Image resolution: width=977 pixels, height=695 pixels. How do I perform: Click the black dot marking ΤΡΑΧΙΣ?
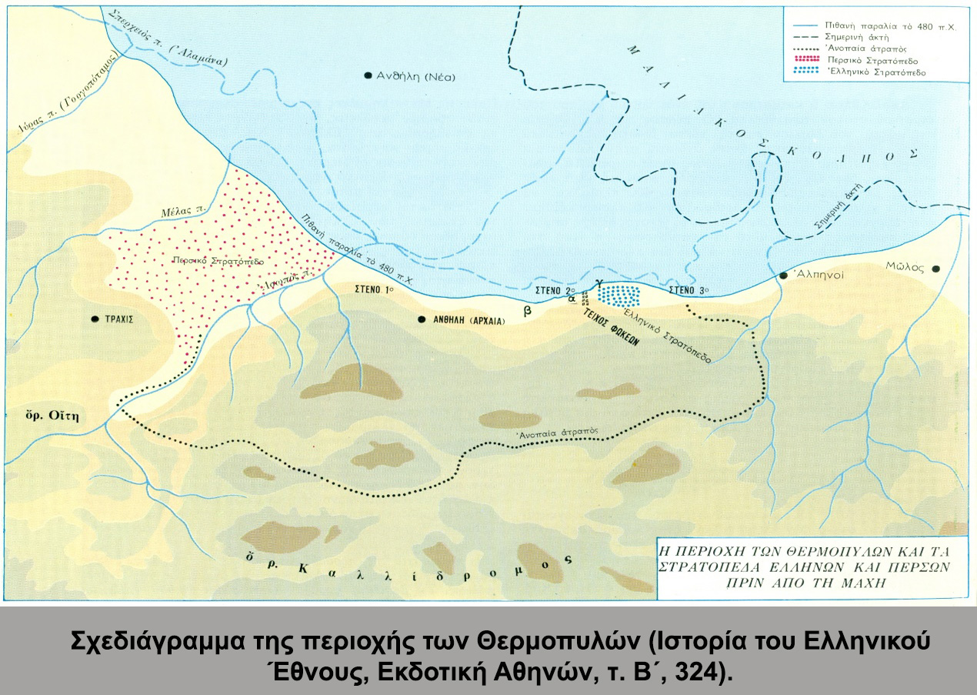click(x=95, y=319)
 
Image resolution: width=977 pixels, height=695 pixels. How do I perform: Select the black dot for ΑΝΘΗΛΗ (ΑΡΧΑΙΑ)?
click(x=421, y=319)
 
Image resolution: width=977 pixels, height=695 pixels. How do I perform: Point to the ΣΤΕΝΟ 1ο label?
click(x=374, y=291)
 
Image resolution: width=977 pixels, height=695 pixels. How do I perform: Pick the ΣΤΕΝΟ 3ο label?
click(x=689, y=290)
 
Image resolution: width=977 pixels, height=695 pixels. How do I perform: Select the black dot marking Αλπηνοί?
click(x=782, y=275)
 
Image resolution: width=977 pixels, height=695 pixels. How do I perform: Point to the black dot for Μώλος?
click(x=936, y=269)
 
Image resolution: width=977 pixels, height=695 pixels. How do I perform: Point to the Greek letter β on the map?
click(x=527, y=312)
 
